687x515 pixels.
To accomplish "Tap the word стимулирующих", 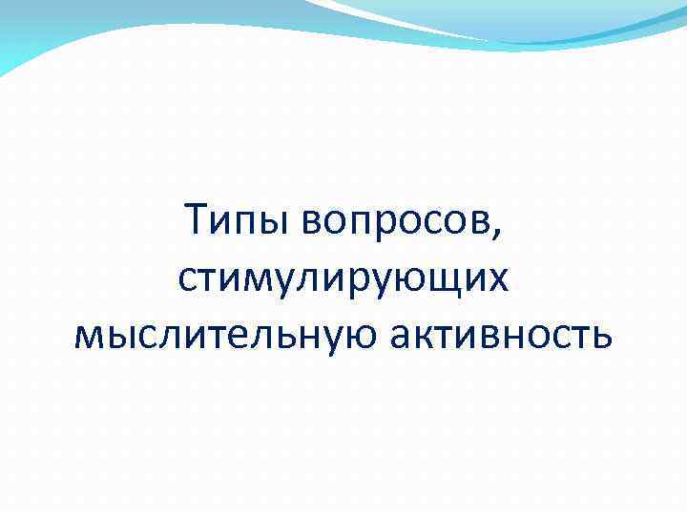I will click(343, 279).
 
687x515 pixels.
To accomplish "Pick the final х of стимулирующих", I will click(498, 279).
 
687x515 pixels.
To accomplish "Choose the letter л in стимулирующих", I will click(309, 279).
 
